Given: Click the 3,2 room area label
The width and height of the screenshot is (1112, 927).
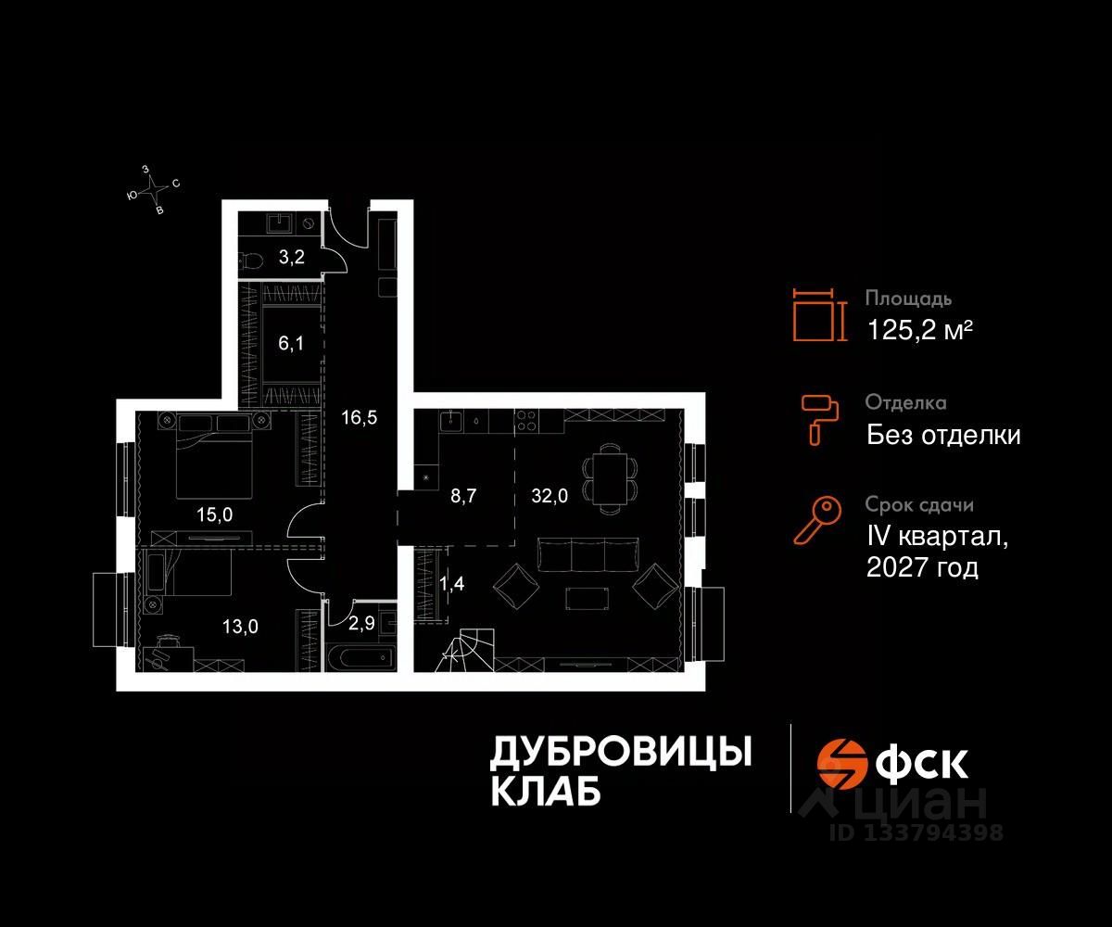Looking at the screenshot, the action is tap(292, 258).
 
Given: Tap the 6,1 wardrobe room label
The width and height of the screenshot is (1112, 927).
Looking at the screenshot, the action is tap(291, 344).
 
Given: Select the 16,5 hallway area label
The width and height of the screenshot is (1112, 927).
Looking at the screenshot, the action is tap(358, 417).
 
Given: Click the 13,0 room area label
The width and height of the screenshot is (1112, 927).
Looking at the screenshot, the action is tap(240, 627).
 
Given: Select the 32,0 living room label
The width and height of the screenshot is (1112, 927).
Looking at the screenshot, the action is tap(549, 495).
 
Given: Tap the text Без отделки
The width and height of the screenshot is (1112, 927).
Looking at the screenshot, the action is tap(943, 434).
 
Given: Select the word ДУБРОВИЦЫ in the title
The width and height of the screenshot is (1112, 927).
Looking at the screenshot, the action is tap(620, 752).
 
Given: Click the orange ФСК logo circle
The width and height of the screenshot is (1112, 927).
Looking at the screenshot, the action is tap(837, 761).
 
